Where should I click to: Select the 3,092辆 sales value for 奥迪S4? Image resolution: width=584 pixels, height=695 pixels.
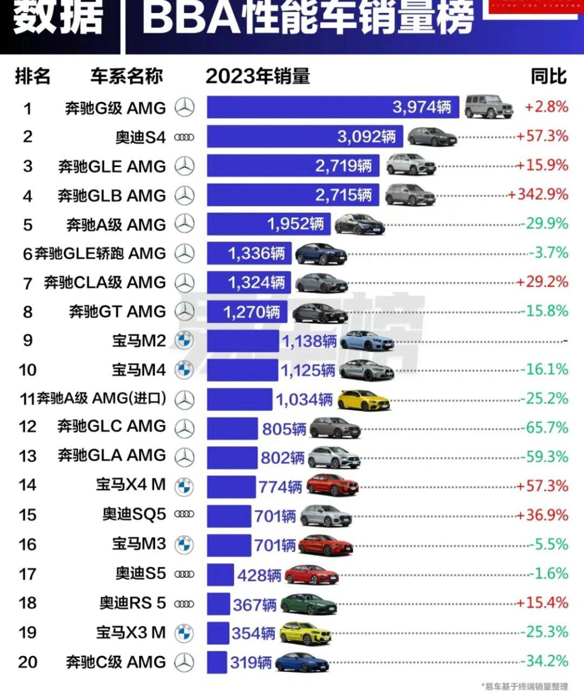pyautogui.click(x=366, y=136)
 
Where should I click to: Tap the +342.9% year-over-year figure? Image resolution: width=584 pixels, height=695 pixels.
pyautogui.click(x=538, y=195)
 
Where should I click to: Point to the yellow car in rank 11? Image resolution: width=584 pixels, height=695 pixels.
pyautogui.click(x=363, y=400)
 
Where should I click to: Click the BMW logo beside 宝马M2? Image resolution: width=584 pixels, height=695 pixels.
pyautogui.click(x=184, y=341)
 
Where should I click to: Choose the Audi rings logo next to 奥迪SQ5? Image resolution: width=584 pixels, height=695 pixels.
pyautogui.click(x=184, y=515)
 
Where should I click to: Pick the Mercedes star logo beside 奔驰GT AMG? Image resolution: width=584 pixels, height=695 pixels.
pyautogui.click(x=184, y=312)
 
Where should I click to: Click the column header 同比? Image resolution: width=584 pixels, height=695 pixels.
pyautogui.click(x=548, y=76)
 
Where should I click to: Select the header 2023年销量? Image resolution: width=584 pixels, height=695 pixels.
pyautogui.click(x=257, y=76)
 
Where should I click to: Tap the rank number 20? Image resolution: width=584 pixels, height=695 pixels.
pyautogui.click(x=28, y=662)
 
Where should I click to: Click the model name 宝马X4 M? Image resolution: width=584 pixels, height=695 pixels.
pyautogui.click(x=131, y=485)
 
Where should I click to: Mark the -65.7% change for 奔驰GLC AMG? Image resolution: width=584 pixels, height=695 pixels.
pyautogui.click(x=545, y=428)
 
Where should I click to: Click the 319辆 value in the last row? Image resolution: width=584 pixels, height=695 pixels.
pyautogui.click(x=250, y=663)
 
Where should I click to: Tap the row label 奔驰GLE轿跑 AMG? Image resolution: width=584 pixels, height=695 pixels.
pyautogui.click(x=100, y=253)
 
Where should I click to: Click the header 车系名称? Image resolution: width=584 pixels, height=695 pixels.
pyautogui.click(x=127, y=76)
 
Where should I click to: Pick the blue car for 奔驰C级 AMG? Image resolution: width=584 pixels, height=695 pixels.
pyautogui.click(x=302, y=663)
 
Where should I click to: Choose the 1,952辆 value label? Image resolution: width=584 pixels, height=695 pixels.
pyautogui.click(x=295, y=224)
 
